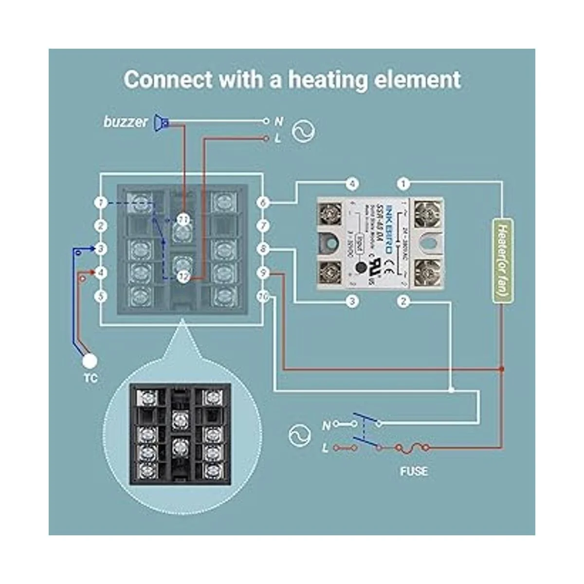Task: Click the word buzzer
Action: click(125, 122)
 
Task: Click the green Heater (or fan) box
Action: click(503, 261)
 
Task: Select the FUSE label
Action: click(414, 471)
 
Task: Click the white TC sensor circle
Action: click(90, 361)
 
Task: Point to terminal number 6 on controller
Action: click(263, 202)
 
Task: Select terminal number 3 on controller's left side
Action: click(101, 249)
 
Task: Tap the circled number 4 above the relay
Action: click(352, 184)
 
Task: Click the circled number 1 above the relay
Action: click(403, 184)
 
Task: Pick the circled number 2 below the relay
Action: click(403, 301)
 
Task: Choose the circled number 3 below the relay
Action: click(352, 301)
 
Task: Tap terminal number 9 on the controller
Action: click(263, 274)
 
